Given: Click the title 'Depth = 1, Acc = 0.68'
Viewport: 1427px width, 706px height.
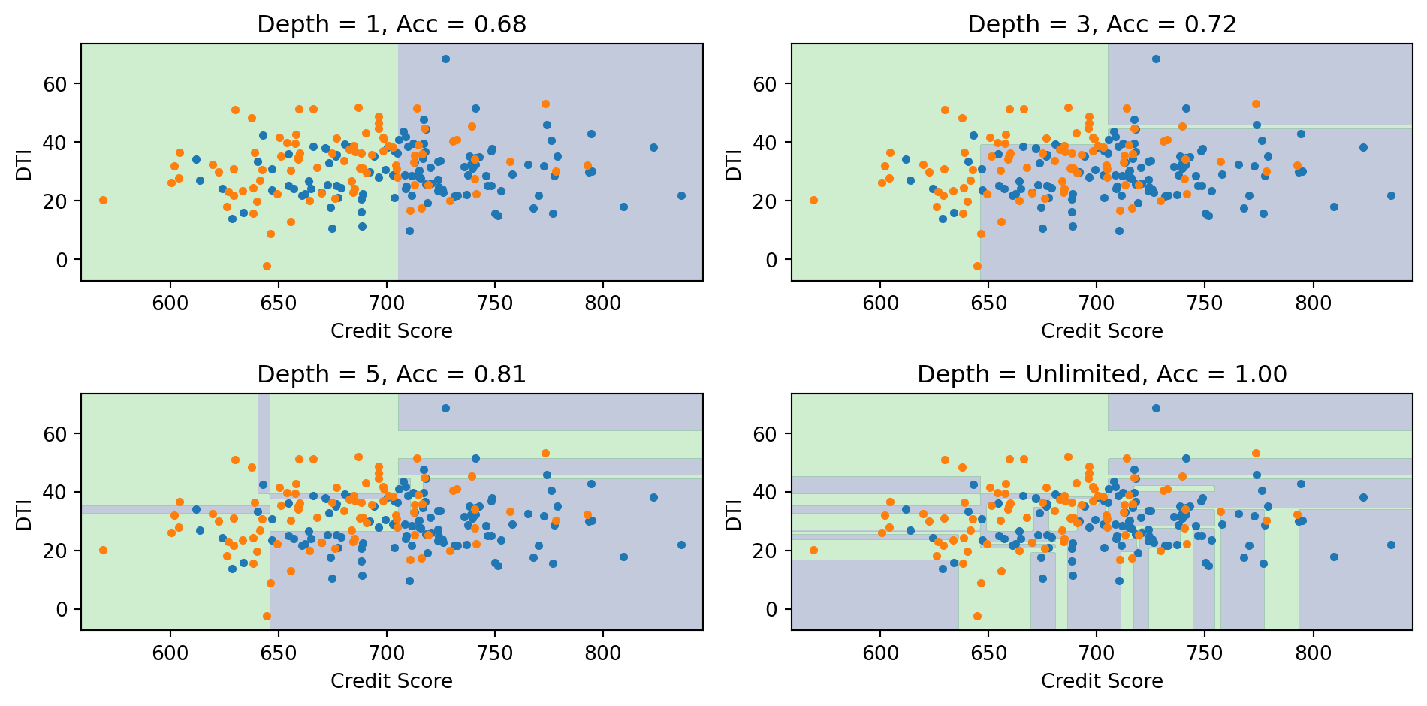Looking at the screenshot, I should click(x=391, y=25).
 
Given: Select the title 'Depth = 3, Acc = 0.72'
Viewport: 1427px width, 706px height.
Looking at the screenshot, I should click(x=1102, y=25).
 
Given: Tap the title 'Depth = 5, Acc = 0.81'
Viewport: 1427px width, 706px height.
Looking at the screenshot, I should click(x=391, y=374).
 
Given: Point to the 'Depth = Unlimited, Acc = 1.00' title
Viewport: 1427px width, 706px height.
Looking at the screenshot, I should click(x=1102, y=374).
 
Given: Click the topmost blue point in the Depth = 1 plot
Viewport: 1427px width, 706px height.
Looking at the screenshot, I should click(x=445, y=59).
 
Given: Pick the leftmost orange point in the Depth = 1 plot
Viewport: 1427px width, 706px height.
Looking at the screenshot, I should click(x=103, y=201).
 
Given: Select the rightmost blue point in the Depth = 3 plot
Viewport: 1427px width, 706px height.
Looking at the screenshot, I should click(x=1391, y=195).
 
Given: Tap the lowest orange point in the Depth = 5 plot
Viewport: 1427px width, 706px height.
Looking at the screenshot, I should click(x=267, y=616).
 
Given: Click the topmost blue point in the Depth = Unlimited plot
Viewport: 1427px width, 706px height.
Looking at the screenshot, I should click(x=1156, y=409).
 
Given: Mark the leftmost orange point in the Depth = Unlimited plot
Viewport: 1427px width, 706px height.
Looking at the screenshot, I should click(x=813, y=551).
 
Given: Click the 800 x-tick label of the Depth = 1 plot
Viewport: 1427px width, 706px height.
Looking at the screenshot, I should click(x=603, y=303).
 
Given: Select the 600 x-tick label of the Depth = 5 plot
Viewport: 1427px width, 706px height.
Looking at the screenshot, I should click(x=170, y=653).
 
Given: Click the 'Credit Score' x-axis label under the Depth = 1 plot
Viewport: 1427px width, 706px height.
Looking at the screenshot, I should click(x=391, y=331).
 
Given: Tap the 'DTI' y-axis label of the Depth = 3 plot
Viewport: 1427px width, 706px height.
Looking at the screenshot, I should click(x=734, y=165).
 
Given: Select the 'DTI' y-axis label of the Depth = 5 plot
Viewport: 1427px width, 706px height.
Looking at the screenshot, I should click(x=24, y=514).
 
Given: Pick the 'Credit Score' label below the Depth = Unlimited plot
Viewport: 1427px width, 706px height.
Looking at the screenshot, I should click(x=1102, y=681).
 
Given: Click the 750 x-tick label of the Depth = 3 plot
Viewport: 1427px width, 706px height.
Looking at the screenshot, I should click(x=1205, y=303).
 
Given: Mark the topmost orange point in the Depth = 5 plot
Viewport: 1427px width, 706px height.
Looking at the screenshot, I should click(x=545, y=453).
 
